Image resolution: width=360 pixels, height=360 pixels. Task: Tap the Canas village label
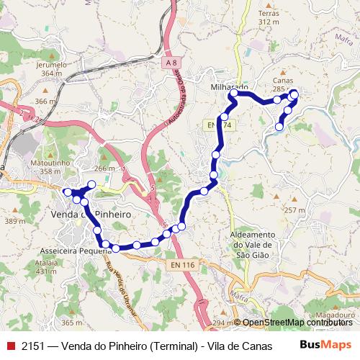(x=283, y=81)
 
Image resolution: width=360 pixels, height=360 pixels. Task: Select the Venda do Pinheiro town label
(x=85, y=214)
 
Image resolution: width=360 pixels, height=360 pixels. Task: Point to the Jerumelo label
(x=50, y=64)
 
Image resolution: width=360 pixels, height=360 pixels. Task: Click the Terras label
(x=269, y=14)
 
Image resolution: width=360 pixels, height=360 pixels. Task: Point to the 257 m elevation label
(x=295, y=210)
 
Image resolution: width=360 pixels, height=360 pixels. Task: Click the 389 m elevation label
(x=12, y=221)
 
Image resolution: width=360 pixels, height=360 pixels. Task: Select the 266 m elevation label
(x=104, y=168)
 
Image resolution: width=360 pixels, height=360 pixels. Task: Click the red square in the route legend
(x=10, y=346)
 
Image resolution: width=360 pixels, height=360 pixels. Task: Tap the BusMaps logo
(x=325, y=345)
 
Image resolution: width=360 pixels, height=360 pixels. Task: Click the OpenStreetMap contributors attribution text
(x=297, y=322)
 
